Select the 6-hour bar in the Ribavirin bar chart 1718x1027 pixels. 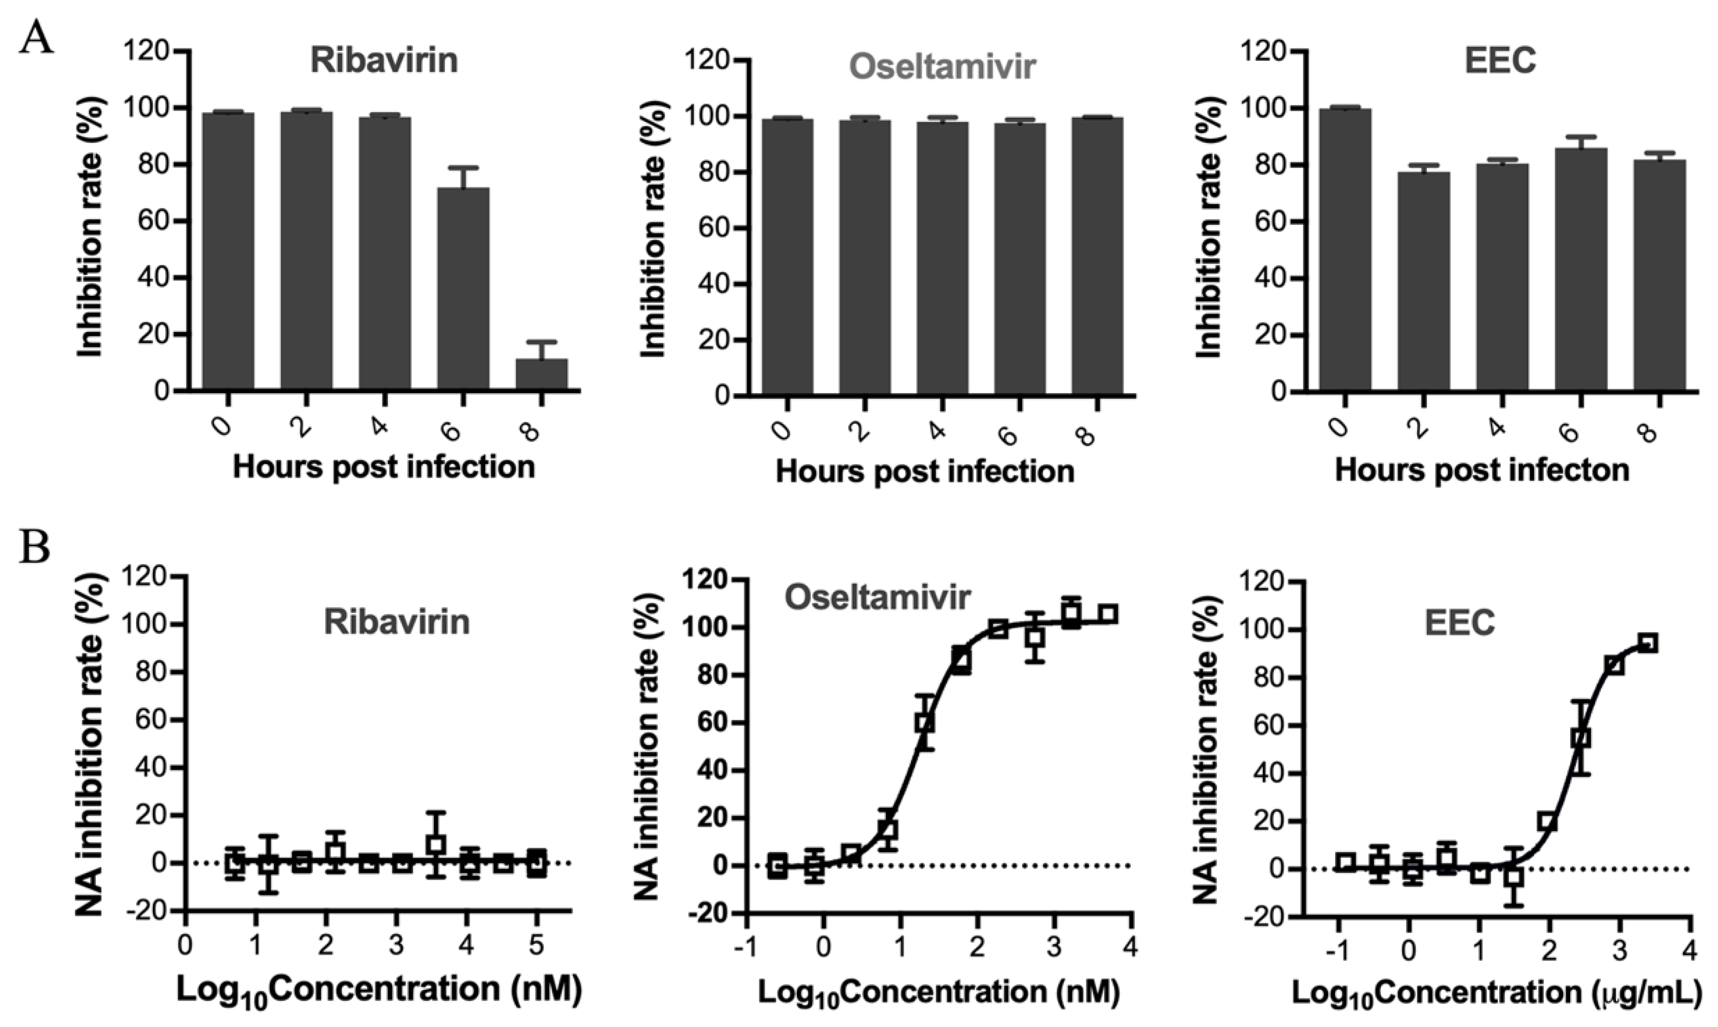463,289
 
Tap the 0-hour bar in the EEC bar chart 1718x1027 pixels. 1344,250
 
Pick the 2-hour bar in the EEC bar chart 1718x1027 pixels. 1423,281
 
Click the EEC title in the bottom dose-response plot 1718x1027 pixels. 1460,623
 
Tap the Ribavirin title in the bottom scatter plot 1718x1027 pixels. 397,622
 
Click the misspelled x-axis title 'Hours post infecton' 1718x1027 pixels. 1481,471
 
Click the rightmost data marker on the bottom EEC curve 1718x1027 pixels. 1648,643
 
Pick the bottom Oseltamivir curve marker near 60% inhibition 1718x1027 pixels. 925,723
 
